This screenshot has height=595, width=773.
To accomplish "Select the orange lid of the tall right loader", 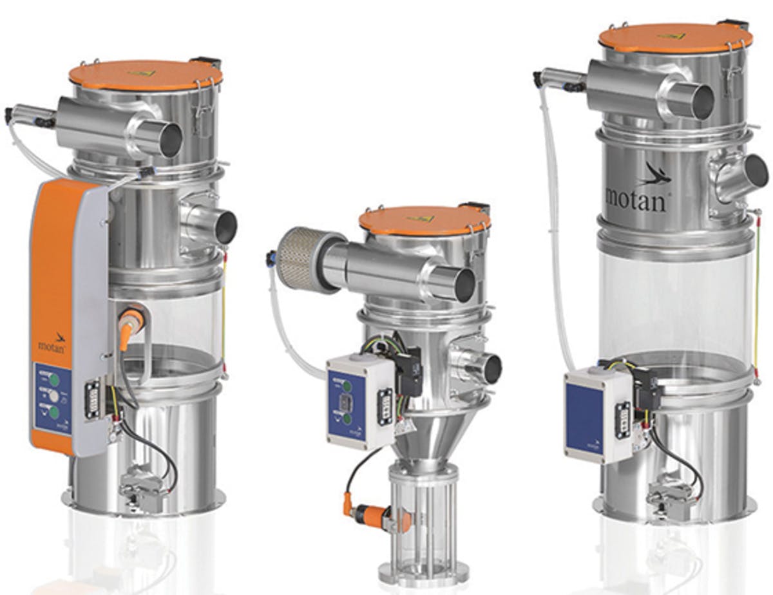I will point(675,37).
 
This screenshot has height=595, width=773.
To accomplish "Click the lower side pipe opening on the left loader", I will point(225,227).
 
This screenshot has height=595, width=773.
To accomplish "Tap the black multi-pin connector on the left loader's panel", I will point(93,399).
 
